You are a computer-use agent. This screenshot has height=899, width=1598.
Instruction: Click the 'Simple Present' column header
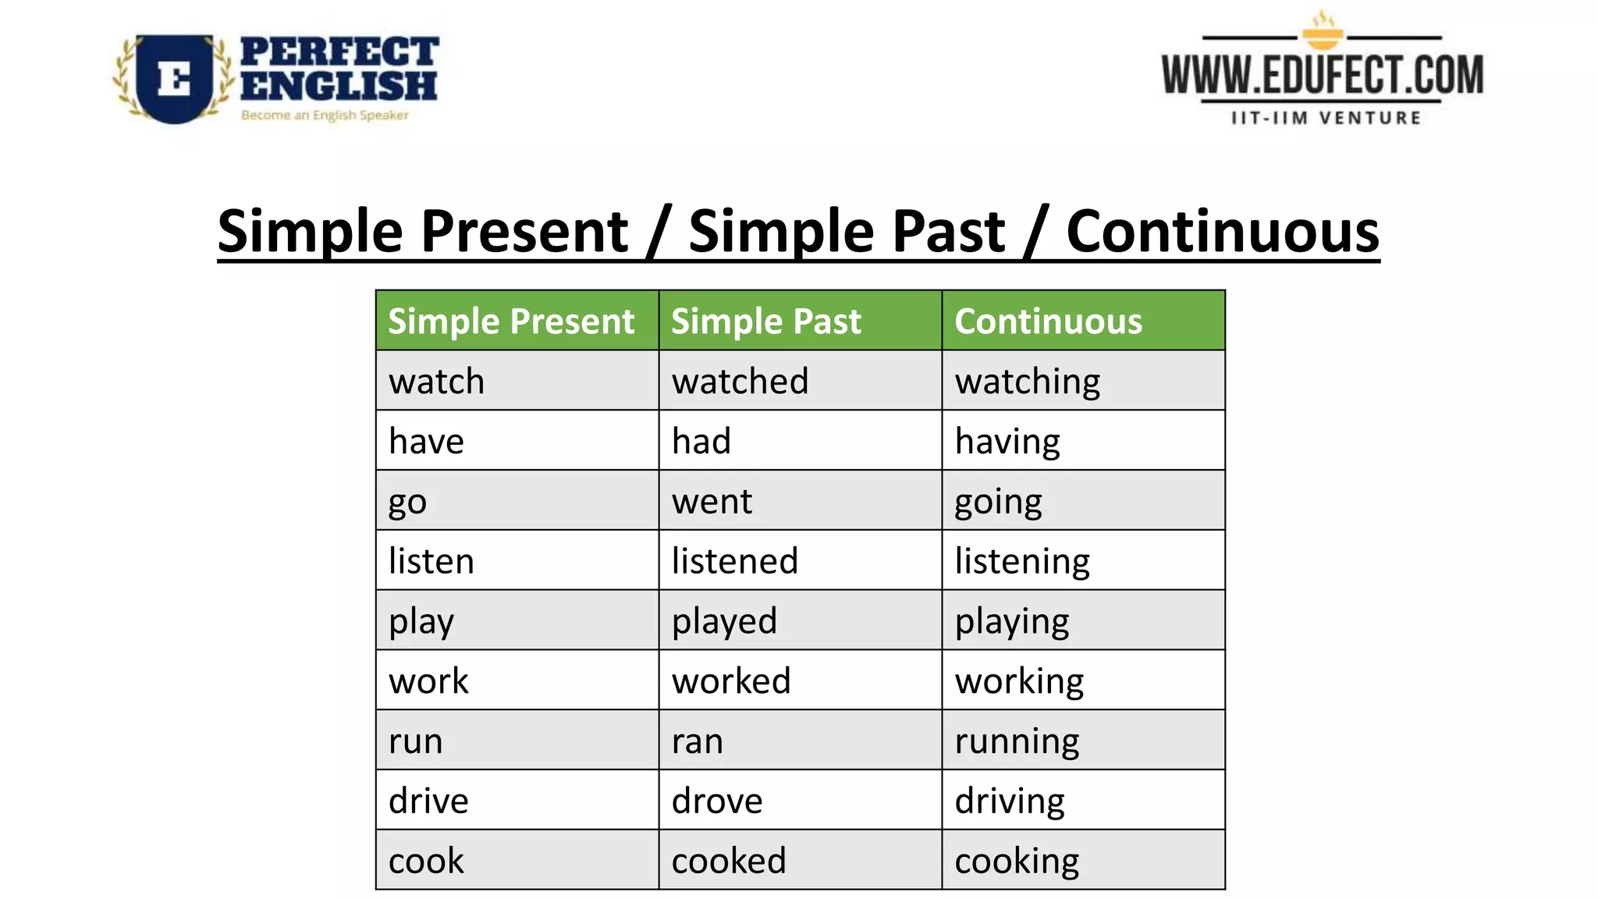tap(517, 321)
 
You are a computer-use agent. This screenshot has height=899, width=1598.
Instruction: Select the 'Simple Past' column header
tap(800, 321)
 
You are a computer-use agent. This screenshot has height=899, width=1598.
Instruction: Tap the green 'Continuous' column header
tap(1083, 321)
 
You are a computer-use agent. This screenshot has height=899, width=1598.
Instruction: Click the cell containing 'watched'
tap(800, 381)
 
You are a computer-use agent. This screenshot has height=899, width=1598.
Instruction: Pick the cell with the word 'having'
tap(1083, 441)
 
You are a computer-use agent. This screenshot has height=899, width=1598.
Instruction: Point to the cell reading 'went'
tap(800, 501)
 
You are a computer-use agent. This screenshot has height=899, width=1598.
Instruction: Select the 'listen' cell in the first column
tap(517, 561)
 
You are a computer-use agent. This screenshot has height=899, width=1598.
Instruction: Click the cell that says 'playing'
tap(1083, 621)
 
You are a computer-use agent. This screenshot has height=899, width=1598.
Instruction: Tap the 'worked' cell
tap(800, 680)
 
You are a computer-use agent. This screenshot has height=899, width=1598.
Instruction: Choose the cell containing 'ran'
tap(800, 741)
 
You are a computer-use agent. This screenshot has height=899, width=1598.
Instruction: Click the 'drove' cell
tap(800, 801)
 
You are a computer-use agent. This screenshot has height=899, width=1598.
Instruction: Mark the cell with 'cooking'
tap(1083, 861)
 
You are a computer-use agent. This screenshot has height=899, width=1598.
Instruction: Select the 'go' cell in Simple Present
tap(517, 501)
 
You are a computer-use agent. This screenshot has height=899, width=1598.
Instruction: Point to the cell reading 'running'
tap(1083, 741)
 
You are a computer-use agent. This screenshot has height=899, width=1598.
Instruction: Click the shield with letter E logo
tap(174, 78)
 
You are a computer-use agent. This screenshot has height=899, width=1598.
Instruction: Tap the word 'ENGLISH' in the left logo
tap(338, 86)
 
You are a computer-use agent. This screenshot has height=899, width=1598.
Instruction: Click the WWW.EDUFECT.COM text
tap(1322, 76)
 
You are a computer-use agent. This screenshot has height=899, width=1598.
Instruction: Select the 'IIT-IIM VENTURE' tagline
tap(1326, 119)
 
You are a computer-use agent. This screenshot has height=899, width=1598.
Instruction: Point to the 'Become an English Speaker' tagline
tap(325, 115)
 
